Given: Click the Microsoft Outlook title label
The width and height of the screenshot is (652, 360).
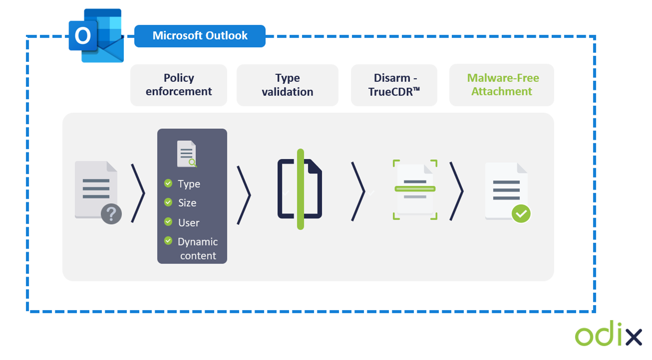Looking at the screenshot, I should (200, 36).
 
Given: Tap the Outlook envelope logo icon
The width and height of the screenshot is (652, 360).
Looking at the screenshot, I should (96, 36).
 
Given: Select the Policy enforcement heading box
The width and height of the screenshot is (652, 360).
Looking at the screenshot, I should (179, 85).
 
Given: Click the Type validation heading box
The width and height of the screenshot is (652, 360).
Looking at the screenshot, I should (288, 85).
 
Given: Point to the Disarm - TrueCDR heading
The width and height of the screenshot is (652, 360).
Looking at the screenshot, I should (394, 85).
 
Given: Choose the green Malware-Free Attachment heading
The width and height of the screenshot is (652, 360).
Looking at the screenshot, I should (502, 85).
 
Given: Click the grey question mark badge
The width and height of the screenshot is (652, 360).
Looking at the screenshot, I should (111, 214).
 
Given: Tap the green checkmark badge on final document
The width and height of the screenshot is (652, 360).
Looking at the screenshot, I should (521, 214).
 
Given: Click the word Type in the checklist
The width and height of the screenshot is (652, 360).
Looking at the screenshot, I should (189, 184).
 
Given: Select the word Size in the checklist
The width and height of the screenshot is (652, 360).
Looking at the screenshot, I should (187, 203).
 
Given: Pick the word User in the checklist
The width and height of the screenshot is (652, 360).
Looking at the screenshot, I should (189, 223).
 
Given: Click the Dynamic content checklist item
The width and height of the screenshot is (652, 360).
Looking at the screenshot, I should (198, 248).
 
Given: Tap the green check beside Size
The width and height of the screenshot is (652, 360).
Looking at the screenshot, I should (168, 202).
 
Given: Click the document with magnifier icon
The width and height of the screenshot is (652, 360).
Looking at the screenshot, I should (187, 154).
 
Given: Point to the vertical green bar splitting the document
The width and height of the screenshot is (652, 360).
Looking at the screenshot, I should (300, 189).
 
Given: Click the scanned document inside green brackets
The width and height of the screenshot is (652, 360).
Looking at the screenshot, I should (415, 189).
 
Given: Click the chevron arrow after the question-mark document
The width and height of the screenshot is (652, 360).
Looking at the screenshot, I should (138, 192).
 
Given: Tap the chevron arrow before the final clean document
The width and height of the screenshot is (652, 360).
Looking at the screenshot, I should (456, 191).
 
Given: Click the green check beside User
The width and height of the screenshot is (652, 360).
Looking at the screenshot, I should (168, 222).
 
